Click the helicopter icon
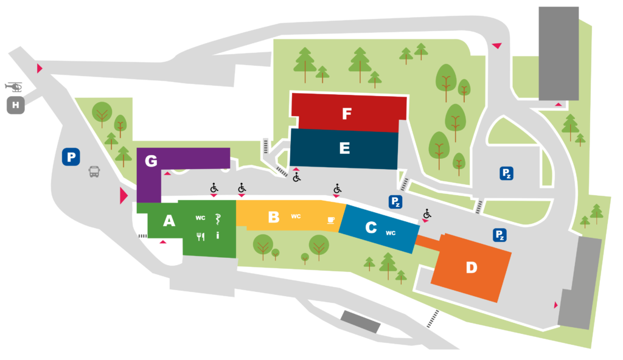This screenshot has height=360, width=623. [14, 86]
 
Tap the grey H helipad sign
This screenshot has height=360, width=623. [16, 105]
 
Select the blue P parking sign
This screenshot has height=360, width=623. [71, 157]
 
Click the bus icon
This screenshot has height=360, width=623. [94, 171]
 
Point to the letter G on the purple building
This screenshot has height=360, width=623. [151, 161]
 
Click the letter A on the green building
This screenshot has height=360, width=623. [169, 221]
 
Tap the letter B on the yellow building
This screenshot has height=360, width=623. [274, 217]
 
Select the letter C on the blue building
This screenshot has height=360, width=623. [371, 227]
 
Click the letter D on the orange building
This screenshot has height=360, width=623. [472, 268]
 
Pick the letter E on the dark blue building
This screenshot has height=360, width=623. [344, 148]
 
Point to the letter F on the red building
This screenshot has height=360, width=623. [346, 114]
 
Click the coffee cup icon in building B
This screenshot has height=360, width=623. [330, 220]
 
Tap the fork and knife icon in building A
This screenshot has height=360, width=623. [201, 237]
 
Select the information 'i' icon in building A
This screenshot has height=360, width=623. [217, 235]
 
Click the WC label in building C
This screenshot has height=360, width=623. [391, 233]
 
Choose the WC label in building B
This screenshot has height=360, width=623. [296, 216]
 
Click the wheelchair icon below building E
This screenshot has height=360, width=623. [297, 177]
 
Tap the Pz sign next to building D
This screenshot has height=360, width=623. [500, 235]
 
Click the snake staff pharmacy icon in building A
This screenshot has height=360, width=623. [218, 219]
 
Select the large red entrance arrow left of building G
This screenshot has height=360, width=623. [124, 196]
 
